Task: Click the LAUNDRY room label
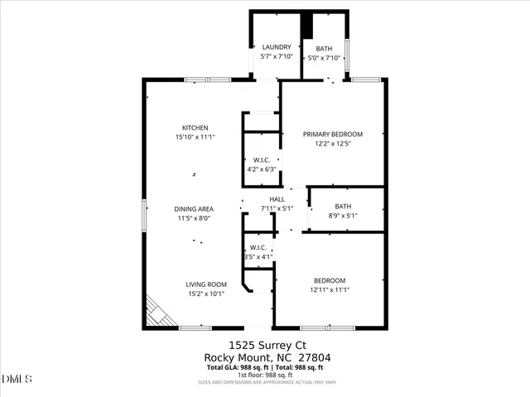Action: (x=277, y=48)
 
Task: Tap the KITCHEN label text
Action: (x=184, y=127)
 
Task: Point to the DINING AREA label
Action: (x=194, y=209)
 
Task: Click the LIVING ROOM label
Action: (x=205, y=284)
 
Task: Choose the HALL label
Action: (x=277, y=199)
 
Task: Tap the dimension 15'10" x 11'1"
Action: (x=195, y=136)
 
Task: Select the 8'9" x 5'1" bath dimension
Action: (x=343, y=215)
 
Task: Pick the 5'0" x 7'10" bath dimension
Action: (x=324, y=58)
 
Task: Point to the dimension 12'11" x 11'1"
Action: (x=330, y=289)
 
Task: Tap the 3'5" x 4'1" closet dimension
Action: (x=258, y=257)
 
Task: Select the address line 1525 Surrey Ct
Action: (x=264, y=345)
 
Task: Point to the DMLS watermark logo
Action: (x=17, y=379)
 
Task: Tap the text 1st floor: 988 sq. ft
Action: (x=264, y=375)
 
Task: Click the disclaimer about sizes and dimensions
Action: (x=264, y=382)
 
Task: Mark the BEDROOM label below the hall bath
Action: (x=330, y=280)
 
